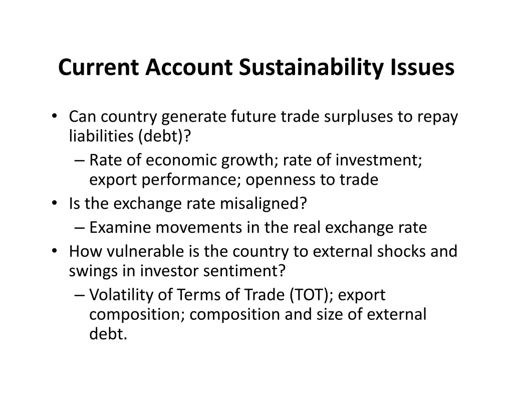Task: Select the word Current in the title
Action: coord(99,68)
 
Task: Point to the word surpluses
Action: coord(358,117)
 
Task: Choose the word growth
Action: coord(247,160)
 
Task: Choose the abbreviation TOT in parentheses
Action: coord(309,295)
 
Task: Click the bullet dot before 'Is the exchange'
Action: coord(54,203)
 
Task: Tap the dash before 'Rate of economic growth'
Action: coord(80,161)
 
